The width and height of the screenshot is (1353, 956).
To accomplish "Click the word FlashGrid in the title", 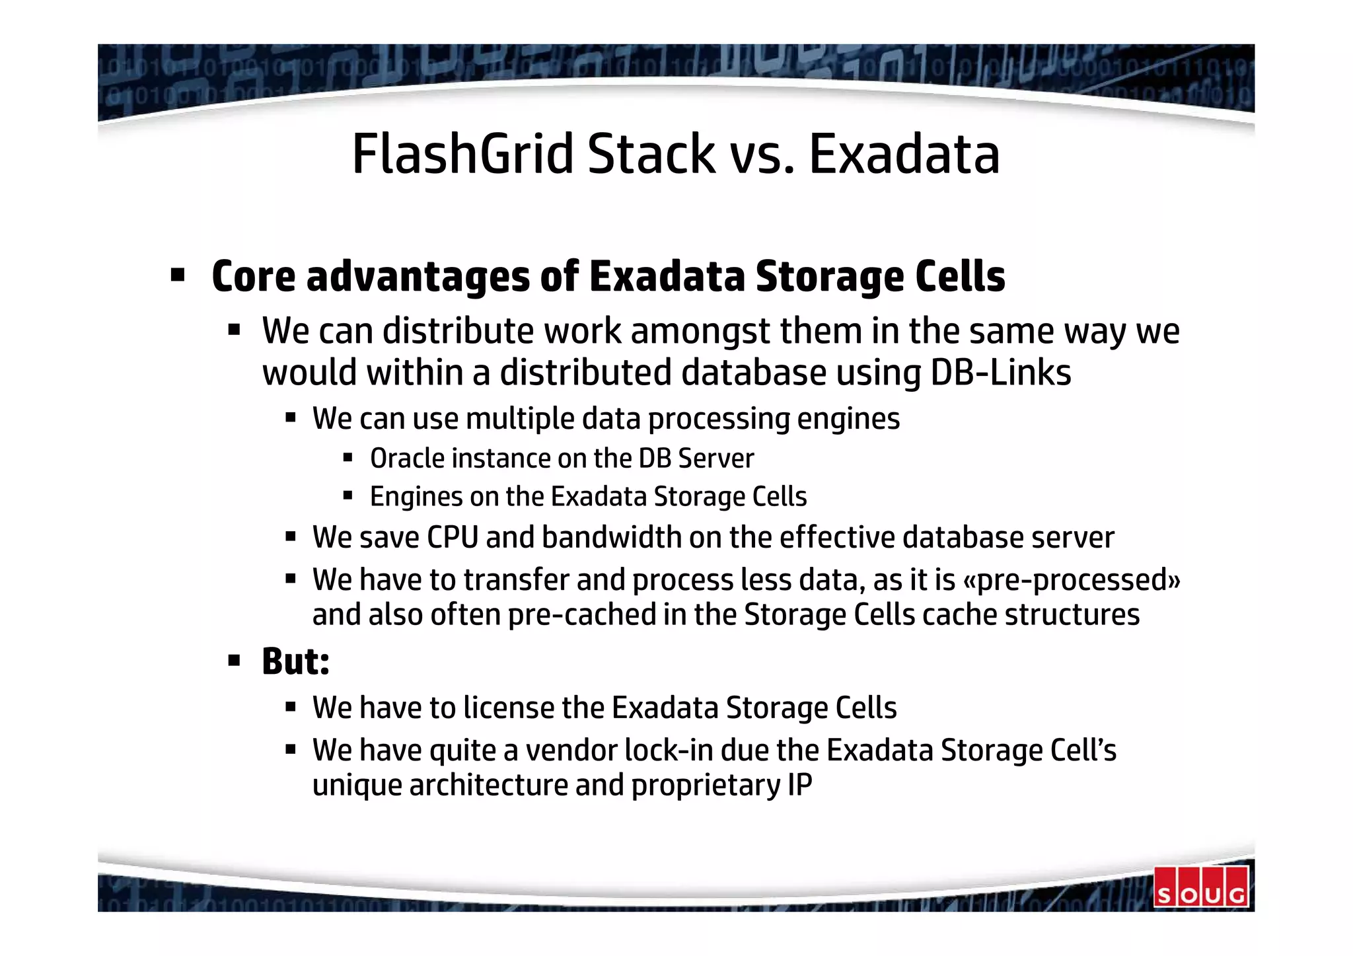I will click(x=462, y=154).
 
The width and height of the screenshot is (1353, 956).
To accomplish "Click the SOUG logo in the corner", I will click(x=1200, y=887).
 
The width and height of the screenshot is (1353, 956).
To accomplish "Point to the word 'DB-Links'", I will click(x=1000, y=373).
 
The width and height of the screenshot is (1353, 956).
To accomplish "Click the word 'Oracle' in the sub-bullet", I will click(x=407, y=459).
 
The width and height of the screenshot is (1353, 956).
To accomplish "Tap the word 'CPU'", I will click(x=452, y=537).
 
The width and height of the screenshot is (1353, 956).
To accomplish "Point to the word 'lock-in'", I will click(x=668, y=751).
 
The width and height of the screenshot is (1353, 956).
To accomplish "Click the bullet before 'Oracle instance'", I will click(x=348, y=457).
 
